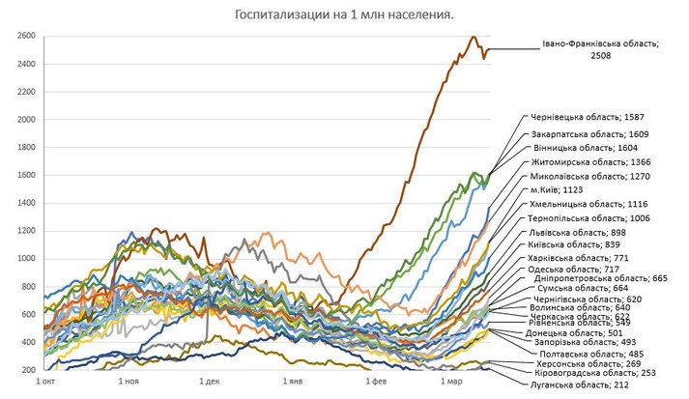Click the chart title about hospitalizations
(x=344, y=15)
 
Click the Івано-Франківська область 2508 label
(x=600, y=50)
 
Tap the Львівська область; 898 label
(x=581, y=233)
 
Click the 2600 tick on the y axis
(x=26, y=37)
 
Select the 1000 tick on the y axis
(x=26, y=259)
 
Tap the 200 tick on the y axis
(x=28, y=370)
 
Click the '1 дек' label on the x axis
(x=210, y=383)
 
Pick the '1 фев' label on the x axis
(x=375, y=383)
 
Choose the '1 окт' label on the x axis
(x=44, y=383)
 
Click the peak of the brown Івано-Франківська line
(x=473, y=37)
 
